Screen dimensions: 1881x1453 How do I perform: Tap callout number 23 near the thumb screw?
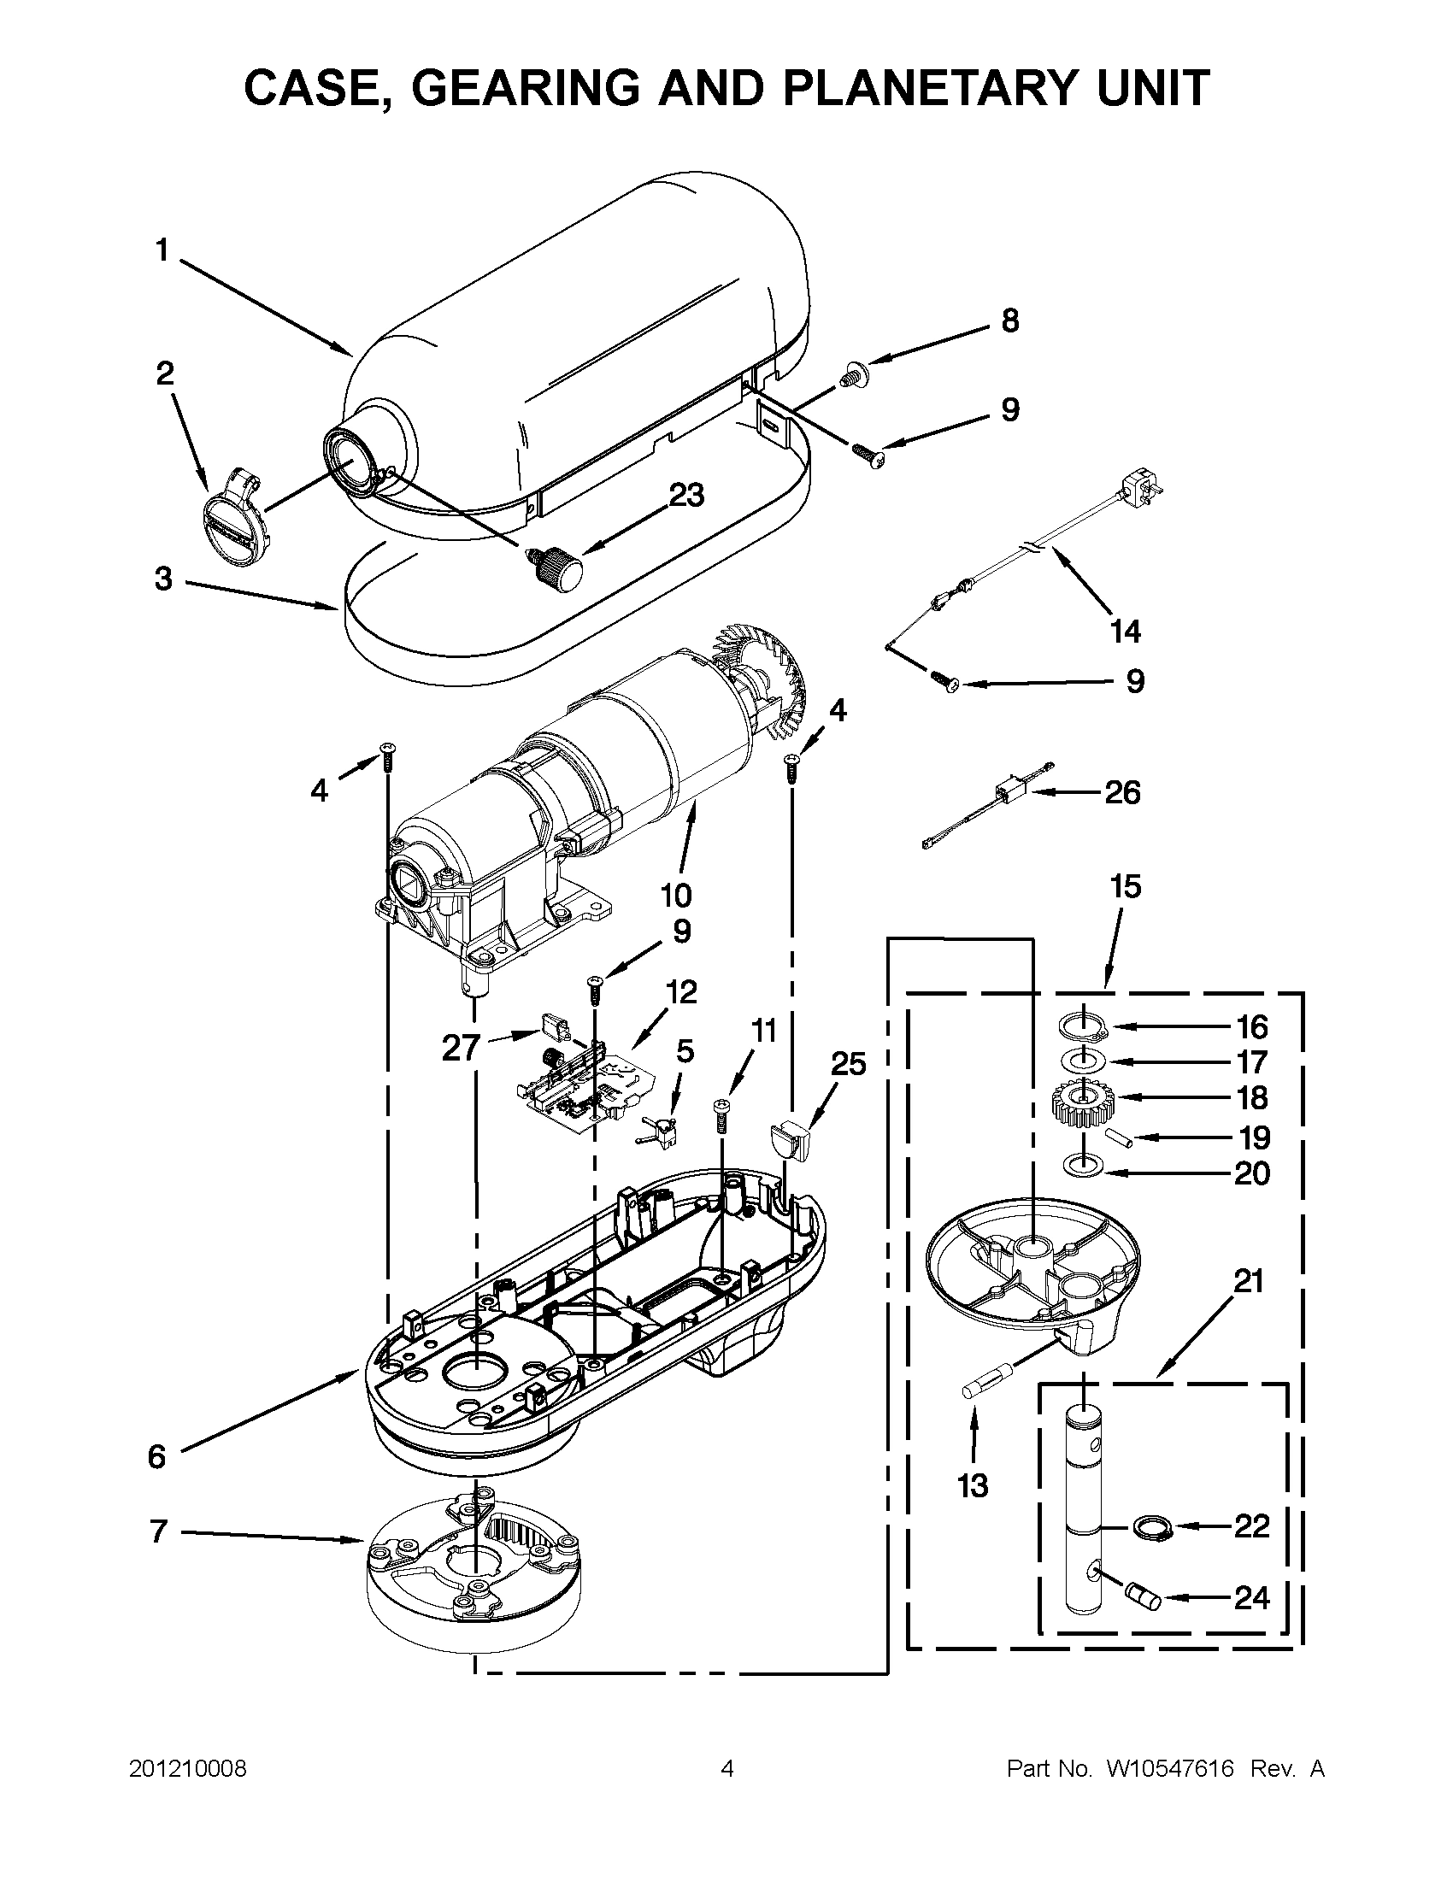[686, 496]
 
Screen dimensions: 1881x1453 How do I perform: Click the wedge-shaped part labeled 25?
[791, 1138]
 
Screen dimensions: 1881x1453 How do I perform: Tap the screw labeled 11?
[722, 1116]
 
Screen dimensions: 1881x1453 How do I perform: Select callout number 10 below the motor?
[676, 896]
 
